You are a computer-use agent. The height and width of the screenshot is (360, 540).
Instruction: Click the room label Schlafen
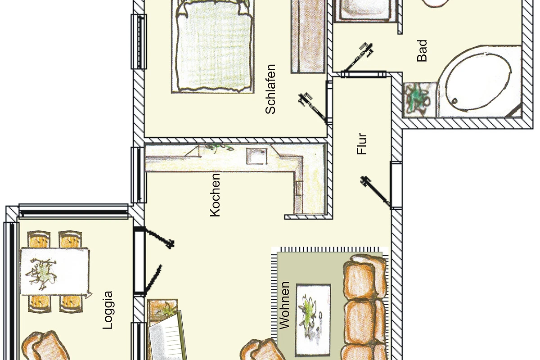[x=270, y=89]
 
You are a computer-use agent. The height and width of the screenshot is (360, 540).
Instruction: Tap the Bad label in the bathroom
[x=422, y=51]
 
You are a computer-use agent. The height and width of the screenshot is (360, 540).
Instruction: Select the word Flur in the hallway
[x=362, y=144]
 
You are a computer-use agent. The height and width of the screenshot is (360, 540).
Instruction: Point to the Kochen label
[x=215, y=195]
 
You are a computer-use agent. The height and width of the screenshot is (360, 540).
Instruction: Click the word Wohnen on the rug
[x=284, y=305]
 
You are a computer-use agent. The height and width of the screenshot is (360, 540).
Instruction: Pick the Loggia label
[x=108, y=310]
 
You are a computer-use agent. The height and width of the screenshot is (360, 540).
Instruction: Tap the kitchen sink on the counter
[x=257, y=156]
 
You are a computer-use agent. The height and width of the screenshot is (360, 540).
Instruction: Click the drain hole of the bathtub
[x=454, y=101]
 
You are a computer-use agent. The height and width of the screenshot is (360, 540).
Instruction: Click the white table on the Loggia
[x=55, y=271]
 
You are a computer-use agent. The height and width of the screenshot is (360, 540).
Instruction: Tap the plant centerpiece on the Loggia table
[x=41, y=273]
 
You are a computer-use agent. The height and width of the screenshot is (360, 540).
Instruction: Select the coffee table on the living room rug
[x=313, y=320]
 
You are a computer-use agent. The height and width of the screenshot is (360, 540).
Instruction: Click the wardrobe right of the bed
[x=308, y=36]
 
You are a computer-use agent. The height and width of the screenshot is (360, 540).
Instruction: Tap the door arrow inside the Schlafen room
[x=313, y=108]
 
